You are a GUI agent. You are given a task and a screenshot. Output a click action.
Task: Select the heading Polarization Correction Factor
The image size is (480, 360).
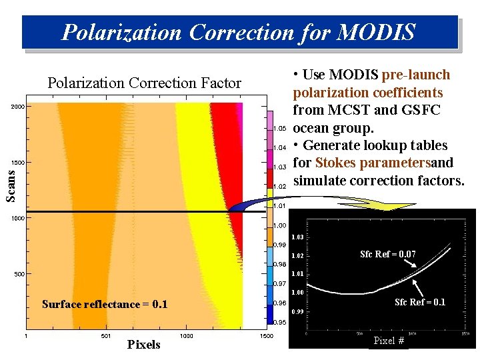(x=144, y=83)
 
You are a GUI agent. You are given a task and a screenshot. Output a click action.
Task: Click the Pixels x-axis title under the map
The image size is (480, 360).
(x=143, y=345)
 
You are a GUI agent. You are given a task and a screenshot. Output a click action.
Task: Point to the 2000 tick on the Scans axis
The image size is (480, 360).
(x=17, y=107)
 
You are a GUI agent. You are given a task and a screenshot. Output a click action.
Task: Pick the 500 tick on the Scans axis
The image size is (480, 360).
(x=19, y=274)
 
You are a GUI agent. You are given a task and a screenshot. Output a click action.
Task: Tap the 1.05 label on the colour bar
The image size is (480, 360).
(x=280, y=127)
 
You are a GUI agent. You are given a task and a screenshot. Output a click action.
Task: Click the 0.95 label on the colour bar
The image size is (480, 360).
(x=280, y=322)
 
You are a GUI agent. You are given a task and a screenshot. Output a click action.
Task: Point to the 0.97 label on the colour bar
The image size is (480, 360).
(x=280, y=283)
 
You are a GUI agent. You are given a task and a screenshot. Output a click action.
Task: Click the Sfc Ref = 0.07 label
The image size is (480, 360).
(x=397, y=254)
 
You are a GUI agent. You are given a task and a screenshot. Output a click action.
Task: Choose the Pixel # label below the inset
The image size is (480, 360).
(x=389, y=341)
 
